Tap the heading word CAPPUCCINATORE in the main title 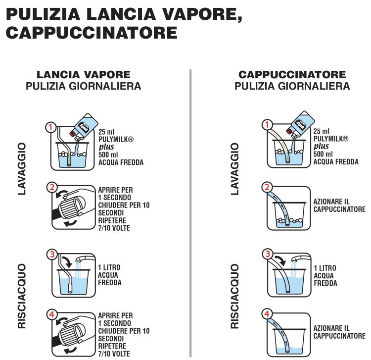(x=92, y=33)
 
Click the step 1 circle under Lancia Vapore (x=50, y=127)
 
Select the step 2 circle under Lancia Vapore (x=52, y=187)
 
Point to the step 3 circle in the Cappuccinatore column (x=268, y=254)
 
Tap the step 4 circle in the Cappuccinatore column (x=267, y=314)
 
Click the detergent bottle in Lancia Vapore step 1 (x=84, y=126)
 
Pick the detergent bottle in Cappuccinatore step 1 (x=300, y=124)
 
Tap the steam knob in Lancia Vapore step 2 (x=72, y=206)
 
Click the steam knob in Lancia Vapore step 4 (x=72, y=333)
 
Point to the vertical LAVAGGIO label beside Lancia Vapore (x=22, y=169)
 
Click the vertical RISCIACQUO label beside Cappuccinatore (x=234, y=296)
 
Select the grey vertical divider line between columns (x=190, y=213)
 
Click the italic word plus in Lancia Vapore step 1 (x=106, y=147)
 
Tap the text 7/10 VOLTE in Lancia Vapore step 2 (x=114, y=228)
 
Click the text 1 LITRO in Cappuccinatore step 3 (x=325, y=268)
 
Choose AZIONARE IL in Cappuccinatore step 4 (x=331, y=328)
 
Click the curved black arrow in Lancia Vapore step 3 (x=68, y=262)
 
